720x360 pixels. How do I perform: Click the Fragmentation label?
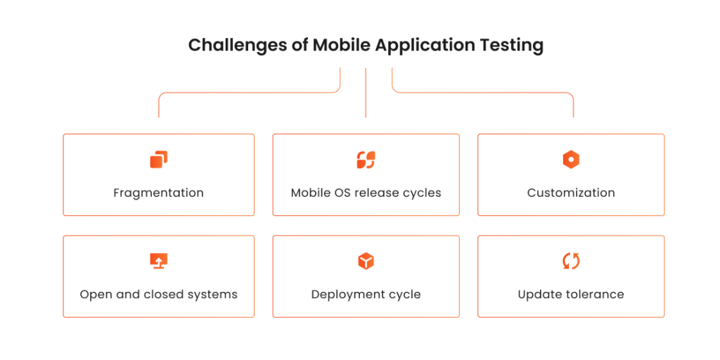(158, 193)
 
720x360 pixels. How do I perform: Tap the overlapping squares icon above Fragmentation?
(159, 160)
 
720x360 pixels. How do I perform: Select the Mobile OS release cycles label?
(366, 193)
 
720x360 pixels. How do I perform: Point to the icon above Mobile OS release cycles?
(366, 160)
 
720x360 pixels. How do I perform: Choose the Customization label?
(571, 193)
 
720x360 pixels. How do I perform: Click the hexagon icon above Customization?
(571, 160)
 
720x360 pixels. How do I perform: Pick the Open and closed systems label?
(158, 294)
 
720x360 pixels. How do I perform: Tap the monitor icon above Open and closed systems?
(159, 261)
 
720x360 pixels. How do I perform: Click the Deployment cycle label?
(366, 294)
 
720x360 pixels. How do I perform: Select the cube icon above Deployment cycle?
(366, 261)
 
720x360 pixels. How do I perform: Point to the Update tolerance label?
(571, 294)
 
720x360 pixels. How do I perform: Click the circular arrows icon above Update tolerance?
(571, 261)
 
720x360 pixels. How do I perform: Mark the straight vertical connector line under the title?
(366, 92)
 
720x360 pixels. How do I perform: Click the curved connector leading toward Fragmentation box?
(246, 92)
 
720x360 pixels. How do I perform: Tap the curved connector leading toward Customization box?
(485, 92)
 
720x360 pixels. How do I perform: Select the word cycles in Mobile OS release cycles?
(423, 193)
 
